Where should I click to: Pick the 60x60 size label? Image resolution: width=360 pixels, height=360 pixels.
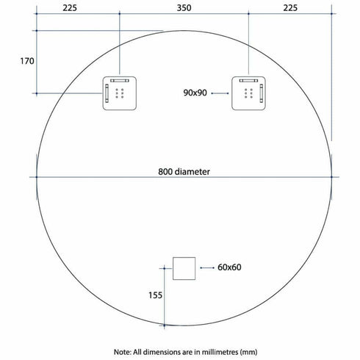point(230,267)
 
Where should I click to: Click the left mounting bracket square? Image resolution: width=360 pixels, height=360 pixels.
point(119,93)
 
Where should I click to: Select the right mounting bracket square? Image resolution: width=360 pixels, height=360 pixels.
point(248,93)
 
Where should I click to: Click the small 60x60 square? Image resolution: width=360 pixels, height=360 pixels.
point(184,268)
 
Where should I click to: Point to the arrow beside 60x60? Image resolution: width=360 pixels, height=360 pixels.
point(205,267)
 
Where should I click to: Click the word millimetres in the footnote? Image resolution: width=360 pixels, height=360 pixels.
point(220,351)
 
